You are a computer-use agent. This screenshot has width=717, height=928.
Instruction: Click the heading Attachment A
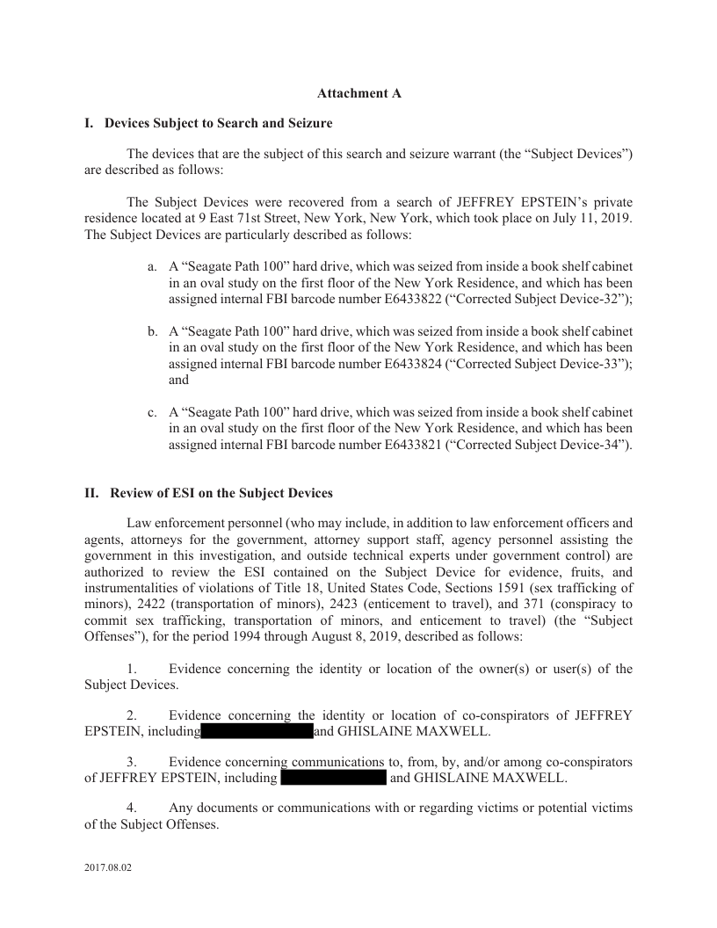tap(358, 92)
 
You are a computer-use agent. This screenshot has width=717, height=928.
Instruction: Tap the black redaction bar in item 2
tap(257, 731)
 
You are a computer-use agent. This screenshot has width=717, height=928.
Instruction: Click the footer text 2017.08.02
tap(108, 868)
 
